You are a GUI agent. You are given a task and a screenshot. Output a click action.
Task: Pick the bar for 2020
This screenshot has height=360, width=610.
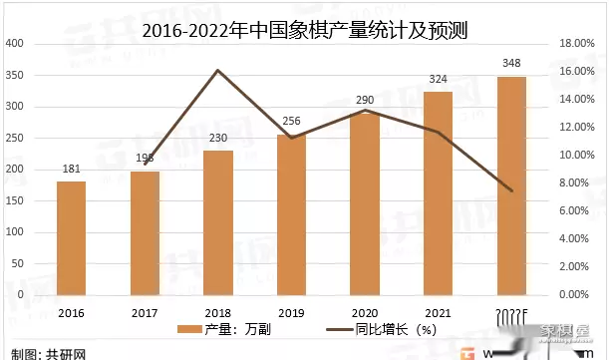[x=365, y=203]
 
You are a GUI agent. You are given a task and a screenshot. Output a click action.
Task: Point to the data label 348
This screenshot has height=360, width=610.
[x=511, y=64]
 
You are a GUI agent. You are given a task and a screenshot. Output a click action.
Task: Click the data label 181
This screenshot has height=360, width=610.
[x=71, y=169]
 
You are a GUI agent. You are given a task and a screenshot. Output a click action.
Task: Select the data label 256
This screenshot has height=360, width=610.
[x=291, y=122]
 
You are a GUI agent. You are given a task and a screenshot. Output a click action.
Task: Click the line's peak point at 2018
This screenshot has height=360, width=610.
[x=217, y=70]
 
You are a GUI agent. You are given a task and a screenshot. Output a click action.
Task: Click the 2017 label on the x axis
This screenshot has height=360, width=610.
[x=145, y=311]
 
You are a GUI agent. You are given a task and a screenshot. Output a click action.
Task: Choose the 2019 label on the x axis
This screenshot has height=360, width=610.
[x=291, y=311]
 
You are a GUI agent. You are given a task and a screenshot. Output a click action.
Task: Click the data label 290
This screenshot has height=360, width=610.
[x=365, y=101]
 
